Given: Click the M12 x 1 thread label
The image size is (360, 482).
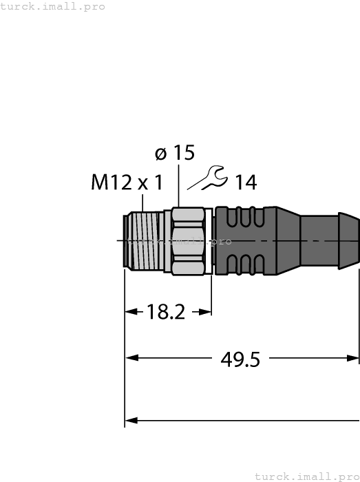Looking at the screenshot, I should coord(127,182).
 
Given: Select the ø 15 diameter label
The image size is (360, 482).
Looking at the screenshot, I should coord(175,153).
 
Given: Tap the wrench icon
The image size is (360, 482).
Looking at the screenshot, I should coord(209,178).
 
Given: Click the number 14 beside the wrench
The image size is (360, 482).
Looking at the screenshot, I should coord(245,182).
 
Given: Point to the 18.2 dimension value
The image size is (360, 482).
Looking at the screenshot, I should coord(166,312).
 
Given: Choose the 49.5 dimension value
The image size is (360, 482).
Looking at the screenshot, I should coord(240,358).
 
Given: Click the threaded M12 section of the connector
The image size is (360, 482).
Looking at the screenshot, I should coord(145,240).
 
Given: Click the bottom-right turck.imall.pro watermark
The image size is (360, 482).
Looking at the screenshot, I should coord(307,476).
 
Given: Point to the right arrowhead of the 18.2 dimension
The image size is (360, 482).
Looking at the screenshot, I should coord(206,312).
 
